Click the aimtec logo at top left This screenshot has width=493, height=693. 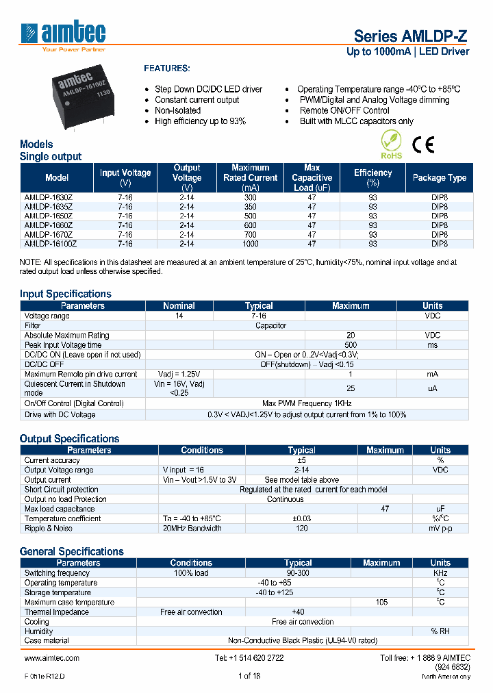(63, 35)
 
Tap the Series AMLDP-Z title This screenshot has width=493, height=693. (411, 36)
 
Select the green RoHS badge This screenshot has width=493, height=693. (391, 146)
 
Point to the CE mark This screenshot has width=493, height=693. (422, 144)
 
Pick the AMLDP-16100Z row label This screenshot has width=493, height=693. (50, 243)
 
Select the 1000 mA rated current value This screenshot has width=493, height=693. (250, 243)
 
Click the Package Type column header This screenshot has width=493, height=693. (439, 178)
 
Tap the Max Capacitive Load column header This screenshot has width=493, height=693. (312, 178)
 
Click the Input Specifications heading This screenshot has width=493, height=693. (65, 294)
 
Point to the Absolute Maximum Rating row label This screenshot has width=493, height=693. (66, 336)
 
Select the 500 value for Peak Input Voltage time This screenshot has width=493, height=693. (351, 345)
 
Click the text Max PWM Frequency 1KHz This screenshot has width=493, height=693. (307, 404)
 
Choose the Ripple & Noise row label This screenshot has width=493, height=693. (49, 529)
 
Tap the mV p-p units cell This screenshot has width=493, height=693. (440, 529)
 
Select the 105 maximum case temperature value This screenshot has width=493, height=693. (381, 603)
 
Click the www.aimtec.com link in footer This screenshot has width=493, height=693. (52, 658)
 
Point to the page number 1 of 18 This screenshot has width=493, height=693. (249, 677)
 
